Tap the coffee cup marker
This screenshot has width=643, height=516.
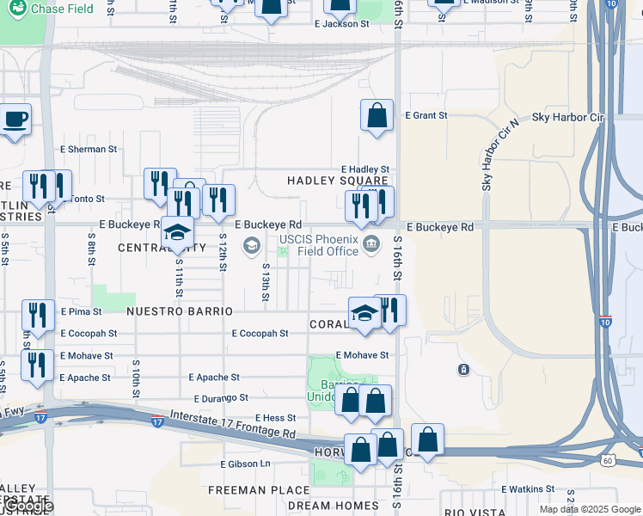pyautogui.click(x=15, y=120)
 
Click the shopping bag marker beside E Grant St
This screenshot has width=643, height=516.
pyautogui.click(x=377, y=116)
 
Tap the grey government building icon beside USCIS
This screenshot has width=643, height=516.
pyautogui.click(x=371, y=245)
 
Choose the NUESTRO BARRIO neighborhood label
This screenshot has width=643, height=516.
pyautogui.click(x=180, y=310)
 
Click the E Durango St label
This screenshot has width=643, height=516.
pyautogui.click(x=221, y=398)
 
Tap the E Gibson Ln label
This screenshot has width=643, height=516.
pyautogui.click(x=245, y=464)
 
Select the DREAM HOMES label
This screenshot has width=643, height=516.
pyautogui.click(x=333, y=506)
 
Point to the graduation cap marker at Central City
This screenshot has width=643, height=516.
pyautogui.click(x=178, y=233)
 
